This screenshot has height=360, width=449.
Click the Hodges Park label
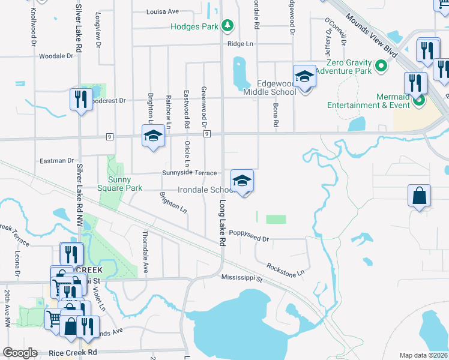(194, 26)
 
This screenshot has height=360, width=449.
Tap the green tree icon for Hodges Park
(228, 26)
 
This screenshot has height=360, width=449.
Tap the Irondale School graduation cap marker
(241, 180)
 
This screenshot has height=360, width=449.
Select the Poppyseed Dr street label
(247, 238)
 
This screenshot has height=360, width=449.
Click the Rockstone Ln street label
(286, 269)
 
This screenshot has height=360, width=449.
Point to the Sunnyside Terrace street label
(189, 173)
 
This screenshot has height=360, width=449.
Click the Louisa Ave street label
(163, 11)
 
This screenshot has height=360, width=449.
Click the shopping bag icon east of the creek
(419, 196)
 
